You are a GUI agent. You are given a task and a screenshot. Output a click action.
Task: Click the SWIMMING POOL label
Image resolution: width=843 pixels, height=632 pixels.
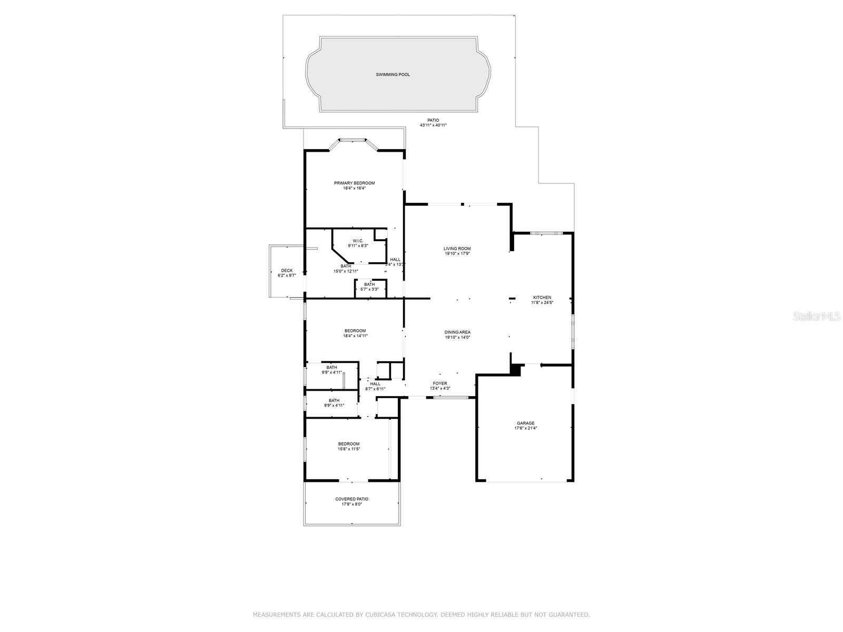click(x=393, y=75)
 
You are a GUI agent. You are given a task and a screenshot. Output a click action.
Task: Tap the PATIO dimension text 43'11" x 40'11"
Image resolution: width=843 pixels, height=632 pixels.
click(x=433, y=125)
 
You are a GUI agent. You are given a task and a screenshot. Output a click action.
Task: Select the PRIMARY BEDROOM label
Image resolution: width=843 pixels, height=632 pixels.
click(x=354, y=183)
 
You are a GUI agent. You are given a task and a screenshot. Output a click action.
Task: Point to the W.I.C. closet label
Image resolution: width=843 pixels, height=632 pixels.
click(x=358, y=241)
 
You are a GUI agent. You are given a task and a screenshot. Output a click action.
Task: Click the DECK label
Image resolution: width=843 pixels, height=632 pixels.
click(x=287, y=271)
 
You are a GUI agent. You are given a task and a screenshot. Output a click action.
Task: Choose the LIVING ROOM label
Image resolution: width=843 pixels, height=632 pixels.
click(x=457, y=249)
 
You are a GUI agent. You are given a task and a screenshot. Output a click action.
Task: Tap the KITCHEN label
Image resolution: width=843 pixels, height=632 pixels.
click(x=542, y=298)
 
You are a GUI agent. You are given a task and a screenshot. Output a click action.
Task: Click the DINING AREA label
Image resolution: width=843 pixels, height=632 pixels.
click(x=457, y=332)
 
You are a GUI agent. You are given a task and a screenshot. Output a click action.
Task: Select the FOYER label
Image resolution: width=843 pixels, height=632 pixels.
click(x=440, y=383)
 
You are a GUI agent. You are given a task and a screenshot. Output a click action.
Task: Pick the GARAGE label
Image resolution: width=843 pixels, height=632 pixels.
click(x=525, y=423)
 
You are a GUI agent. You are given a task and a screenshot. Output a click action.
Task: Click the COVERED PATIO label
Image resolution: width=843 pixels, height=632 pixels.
click(x=352, y=499)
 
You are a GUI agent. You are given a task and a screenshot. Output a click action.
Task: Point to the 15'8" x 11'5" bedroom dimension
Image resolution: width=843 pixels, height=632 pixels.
click(x=349, y=449)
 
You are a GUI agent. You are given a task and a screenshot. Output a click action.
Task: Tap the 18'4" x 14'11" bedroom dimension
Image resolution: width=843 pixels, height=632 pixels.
click(x=355, y=335)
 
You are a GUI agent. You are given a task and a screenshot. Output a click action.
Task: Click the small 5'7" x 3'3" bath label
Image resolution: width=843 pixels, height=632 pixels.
click(x=369, y=289)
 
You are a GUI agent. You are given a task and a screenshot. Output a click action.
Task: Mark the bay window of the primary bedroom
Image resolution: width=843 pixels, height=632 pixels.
click(x=352, y=141)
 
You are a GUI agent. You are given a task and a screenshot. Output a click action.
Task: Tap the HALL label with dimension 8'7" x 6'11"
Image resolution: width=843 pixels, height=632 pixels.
click(x=375, y=384)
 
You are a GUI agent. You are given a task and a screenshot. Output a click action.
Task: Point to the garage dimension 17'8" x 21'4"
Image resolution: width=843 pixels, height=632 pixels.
click(x=525, y=428)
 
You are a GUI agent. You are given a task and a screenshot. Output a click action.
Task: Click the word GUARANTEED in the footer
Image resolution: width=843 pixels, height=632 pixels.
click(x=570, y=615)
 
